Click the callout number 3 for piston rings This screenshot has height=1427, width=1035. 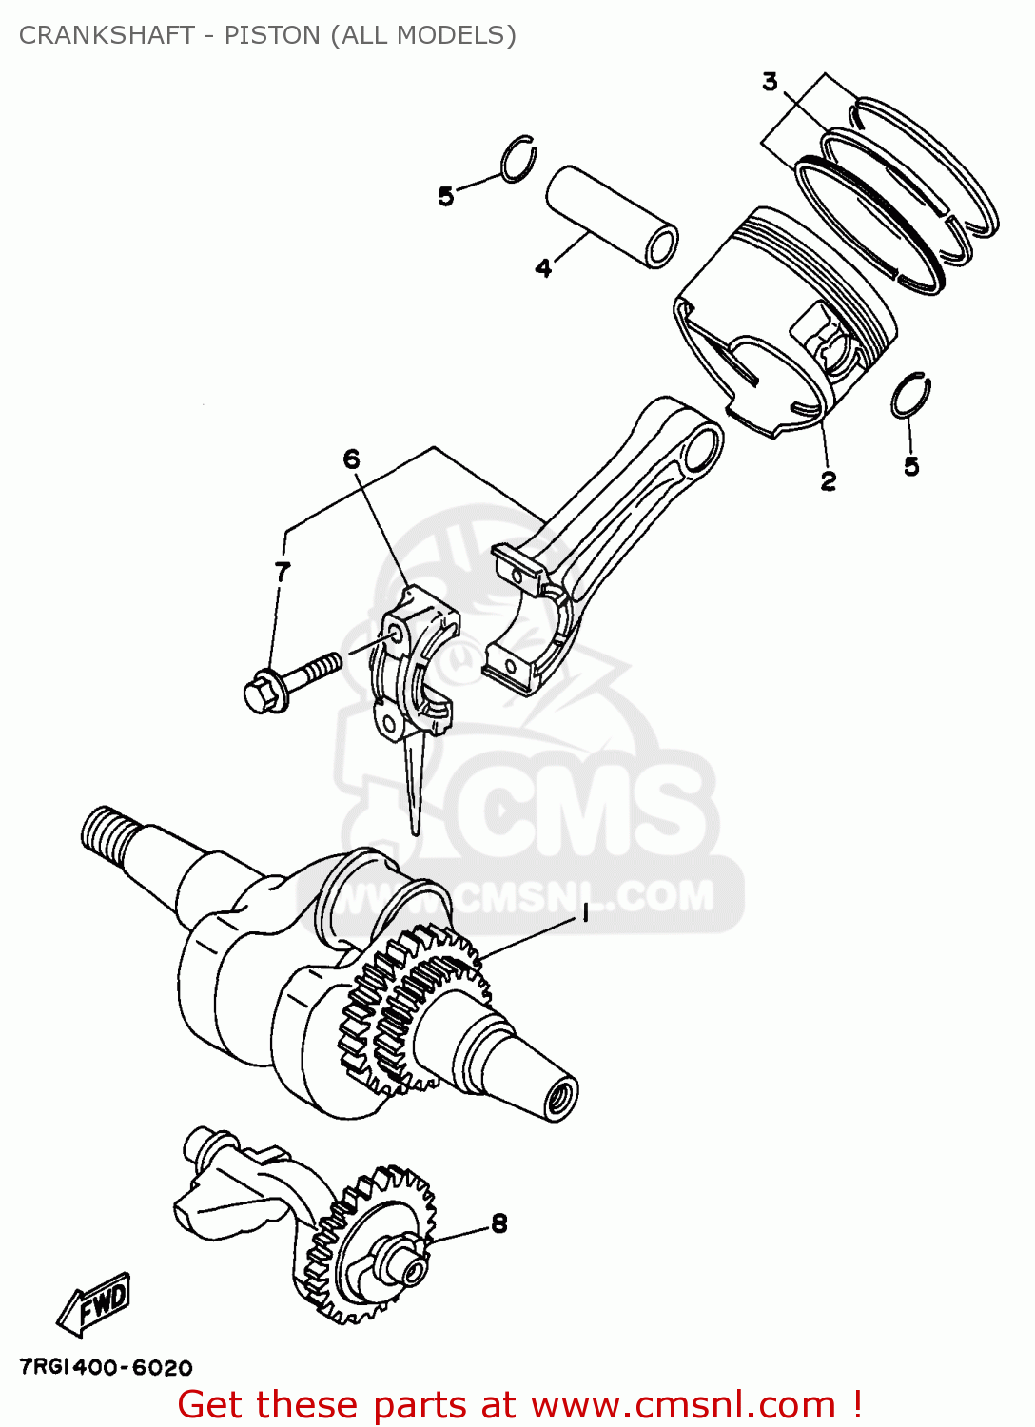770,83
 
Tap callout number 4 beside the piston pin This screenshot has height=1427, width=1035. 543,268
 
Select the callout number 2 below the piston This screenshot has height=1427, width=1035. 829,481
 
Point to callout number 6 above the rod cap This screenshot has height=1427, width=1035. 352,459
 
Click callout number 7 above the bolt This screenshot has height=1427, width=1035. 283,572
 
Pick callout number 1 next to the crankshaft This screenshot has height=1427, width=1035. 585,913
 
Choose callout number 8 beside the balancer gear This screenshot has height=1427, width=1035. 499,1223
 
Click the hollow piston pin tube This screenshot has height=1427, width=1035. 611,217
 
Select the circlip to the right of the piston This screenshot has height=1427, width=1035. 911,396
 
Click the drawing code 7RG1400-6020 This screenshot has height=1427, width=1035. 106,1368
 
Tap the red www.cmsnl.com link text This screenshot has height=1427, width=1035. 682,1405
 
